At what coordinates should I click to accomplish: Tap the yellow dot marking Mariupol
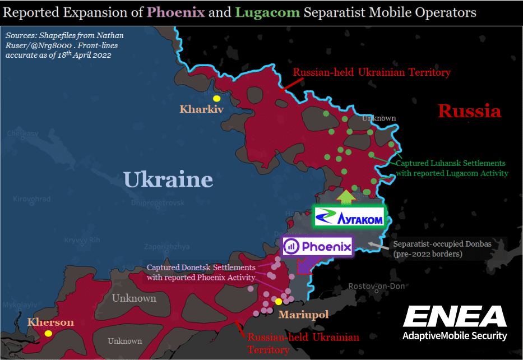279,302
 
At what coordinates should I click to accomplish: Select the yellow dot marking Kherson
49,334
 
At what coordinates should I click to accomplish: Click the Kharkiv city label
202,109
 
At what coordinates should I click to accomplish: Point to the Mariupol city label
303,314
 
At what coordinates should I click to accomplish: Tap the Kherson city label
51,322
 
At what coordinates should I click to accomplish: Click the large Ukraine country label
168,179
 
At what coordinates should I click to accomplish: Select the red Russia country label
470,111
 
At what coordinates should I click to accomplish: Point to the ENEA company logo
455,317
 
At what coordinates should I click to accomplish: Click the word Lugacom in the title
267,12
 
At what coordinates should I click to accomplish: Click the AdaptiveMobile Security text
455,336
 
